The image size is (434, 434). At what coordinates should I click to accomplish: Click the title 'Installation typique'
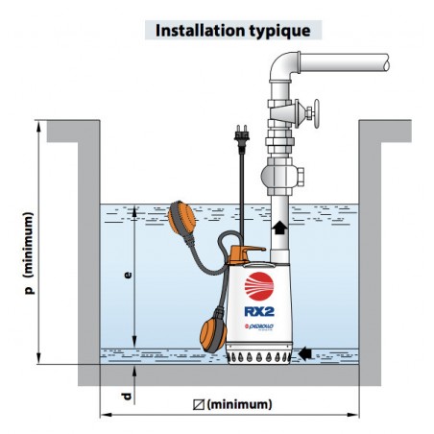pos(232,31)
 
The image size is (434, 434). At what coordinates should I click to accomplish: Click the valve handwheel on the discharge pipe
pos(316,113)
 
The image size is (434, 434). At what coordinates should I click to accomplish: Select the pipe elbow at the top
pos(283,66)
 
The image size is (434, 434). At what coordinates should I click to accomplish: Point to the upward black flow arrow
pos(279,228)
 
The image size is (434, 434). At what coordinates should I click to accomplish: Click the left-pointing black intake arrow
pos(304,353)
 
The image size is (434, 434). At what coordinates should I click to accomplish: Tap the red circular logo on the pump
pos(259,286)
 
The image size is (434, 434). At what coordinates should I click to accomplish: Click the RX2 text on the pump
pos(259,311)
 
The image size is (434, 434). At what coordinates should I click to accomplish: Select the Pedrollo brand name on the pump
pos(259,326)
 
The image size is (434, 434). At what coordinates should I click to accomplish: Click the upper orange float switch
pos(181,218)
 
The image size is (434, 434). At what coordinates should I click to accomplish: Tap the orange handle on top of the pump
pos(246,253)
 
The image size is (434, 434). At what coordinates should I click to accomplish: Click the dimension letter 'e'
pos(128,276)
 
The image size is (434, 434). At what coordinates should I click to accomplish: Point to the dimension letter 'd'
pos(127,397)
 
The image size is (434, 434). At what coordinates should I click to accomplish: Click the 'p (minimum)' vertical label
pos(29,253)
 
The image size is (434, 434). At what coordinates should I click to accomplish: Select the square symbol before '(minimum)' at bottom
pos(199,404)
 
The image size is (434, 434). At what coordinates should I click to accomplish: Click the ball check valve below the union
pos(281,176)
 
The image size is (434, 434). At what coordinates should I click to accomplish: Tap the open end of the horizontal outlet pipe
pos(387,62)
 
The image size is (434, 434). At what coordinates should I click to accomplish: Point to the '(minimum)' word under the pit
pos(239,404)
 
